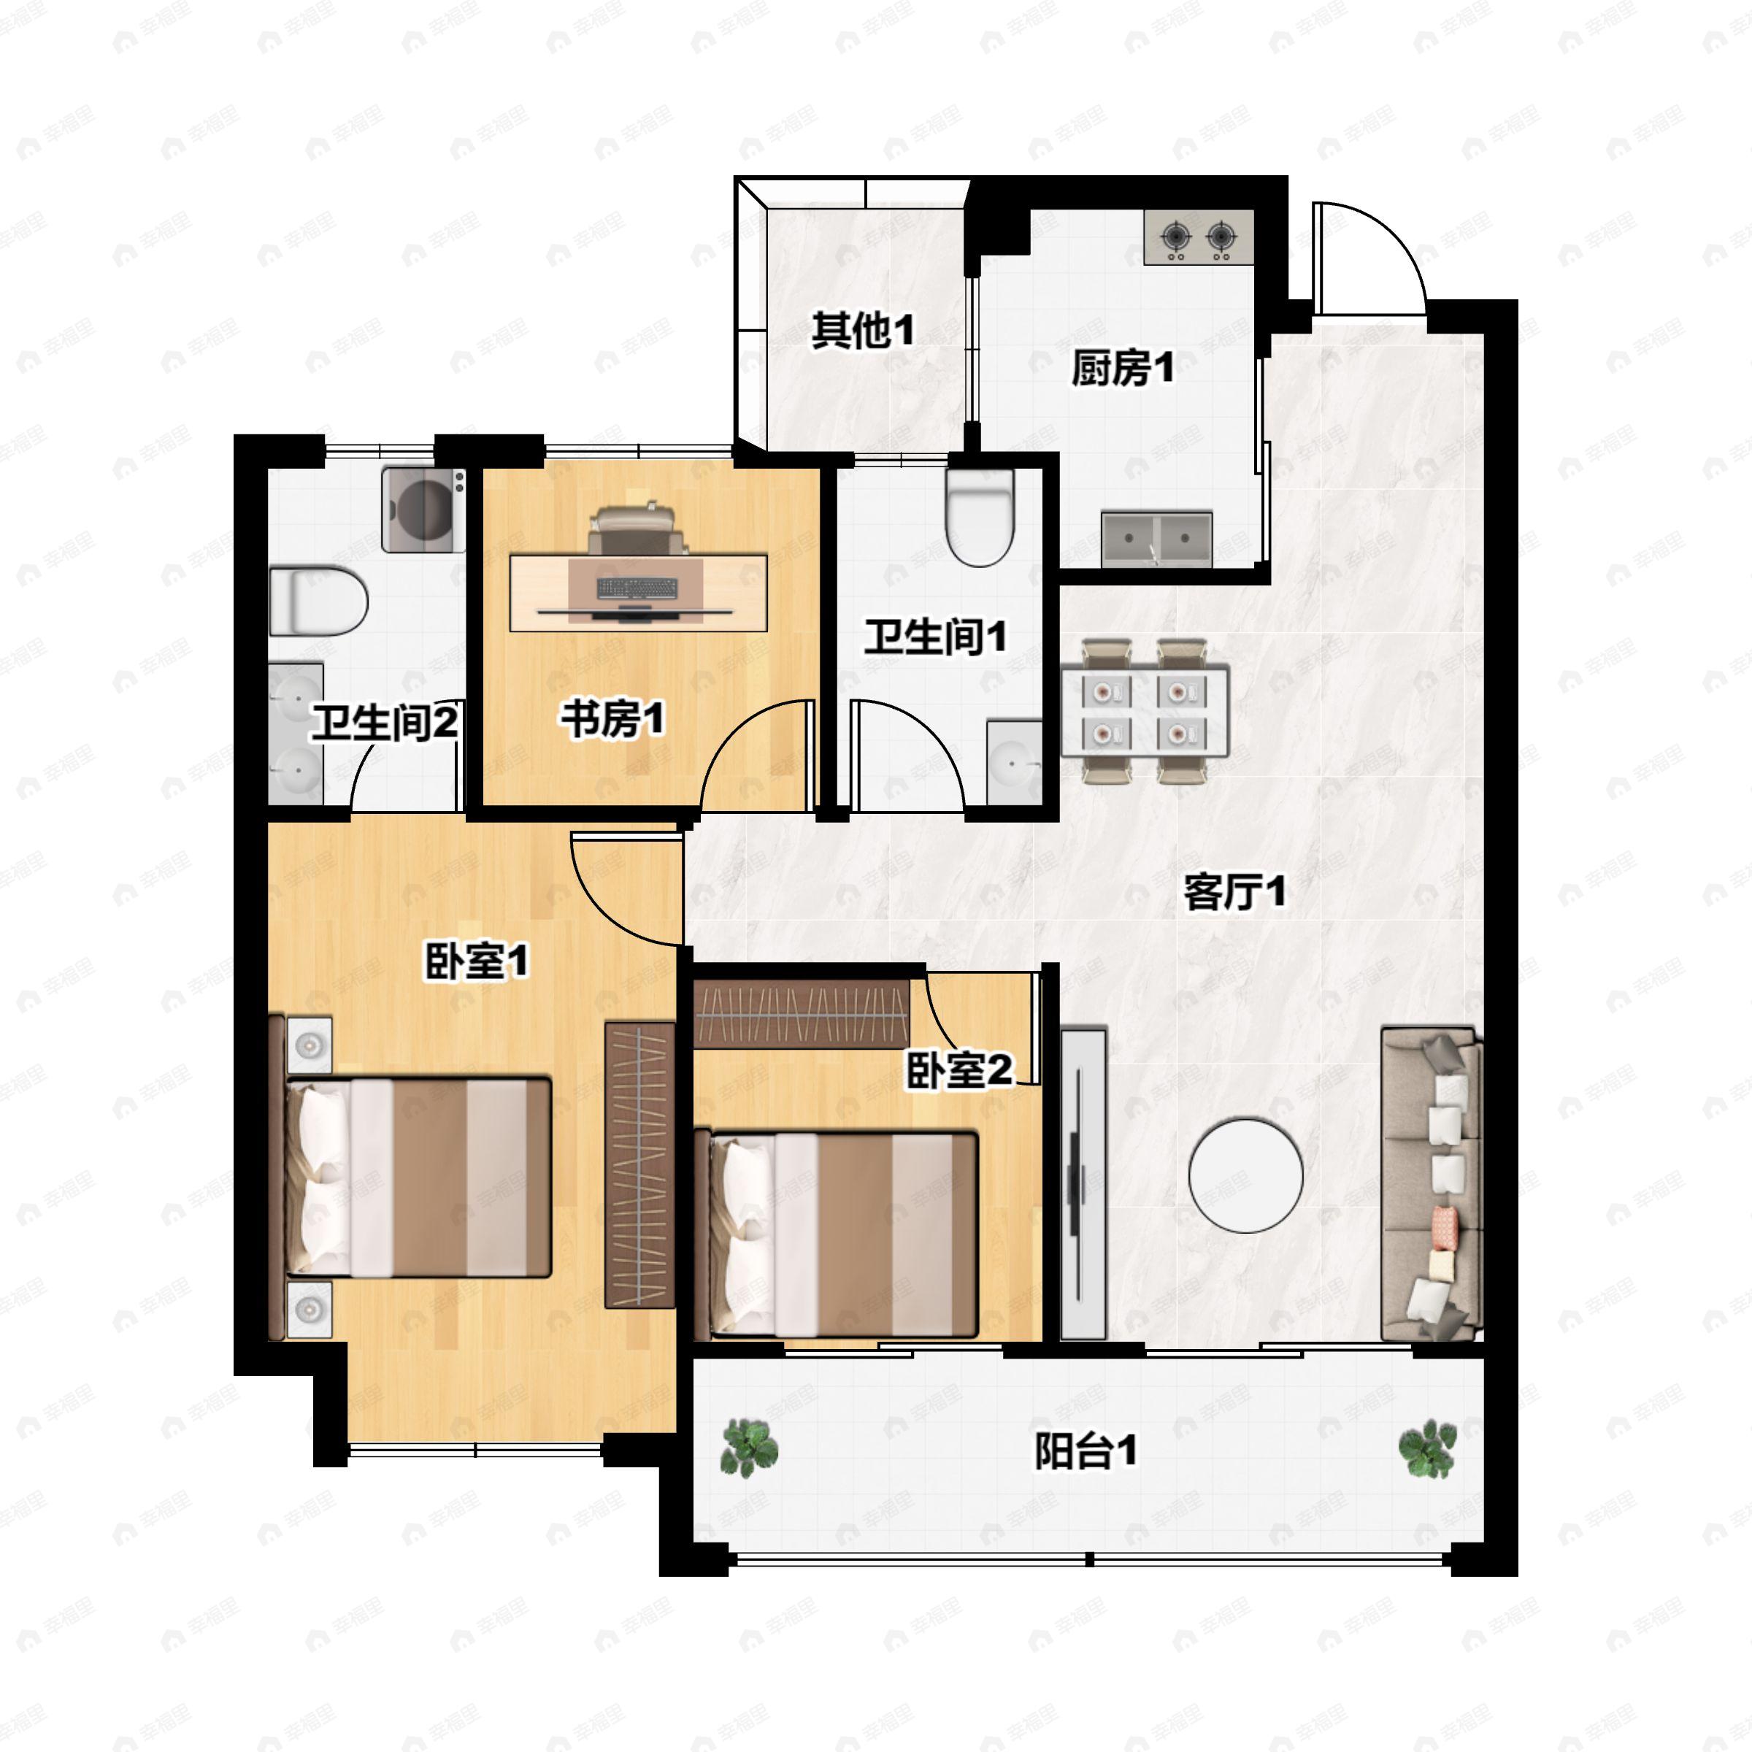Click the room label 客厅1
click(1234, 892)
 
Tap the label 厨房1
click(1123, 368)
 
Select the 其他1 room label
click(862, 331)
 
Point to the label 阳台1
click(1086, 1452)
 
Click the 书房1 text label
click(612, 720)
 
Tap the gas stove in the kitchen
click(1199, 237)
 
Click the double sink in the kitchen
click(1156, 539)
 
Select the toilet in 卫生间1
click(980, 518)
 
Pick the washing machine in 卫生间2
click(423, 510)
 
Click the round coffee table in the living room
click(1246, 1175)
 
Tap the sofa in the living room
click(1431, 1184)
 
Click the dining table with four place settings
click(1145, 712)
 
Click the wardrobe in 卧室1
click(639, 1165)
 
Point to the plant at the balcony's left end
click(749, 1448)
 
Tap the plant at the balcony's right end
click(1427, 1448)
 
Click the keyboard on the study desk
click(637, 588)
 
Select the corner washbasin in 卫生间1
click(1014, 761)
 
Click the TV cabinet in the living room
click(1083, 1183)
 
